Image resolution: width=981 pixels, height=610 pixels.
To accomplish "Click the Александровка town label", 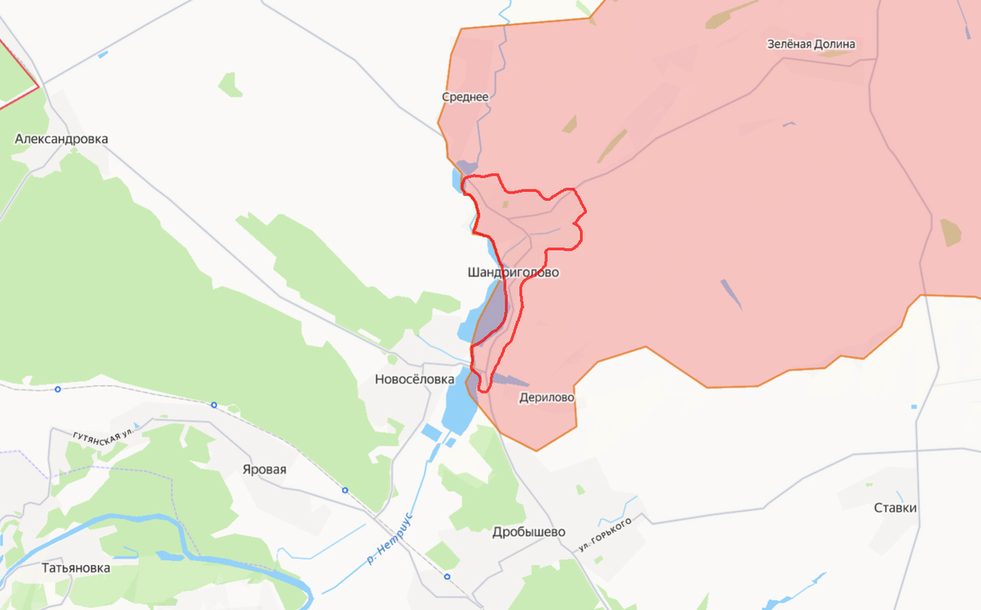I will pyautogui.click(x=61, y=140).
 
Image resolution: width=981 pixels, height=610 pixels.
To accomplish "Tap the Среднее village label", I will pyautogui.click(x=465, y=97).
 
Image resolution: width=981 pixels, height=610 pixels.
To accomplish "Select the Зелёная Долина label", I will pyautogui.click(x=811, y=44).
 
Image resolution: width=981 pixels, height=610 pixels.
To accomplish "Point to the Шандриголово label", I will pyautogui.click(x=513, y=273).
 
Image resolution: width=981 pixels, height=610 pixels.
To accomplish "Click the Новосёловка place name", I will pyautogui.click(x=414, y=379).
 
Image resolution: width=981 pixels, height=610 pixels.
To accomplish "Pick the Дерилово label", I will pyautogui.click(x=547, y=398).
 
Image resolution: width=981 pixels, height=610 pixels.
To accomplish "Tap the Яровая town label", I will pyautogui.click(x=264, y=470).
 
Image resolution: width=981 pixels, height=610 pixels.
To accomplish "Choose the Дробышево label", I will pyautogui.click(x=529, y=532).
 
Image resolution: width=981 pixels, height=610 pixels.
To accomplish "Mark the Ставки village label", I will pyautogui.click(x=895, y=508).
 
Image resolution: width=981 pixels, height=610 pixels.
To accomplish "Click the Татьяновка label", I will pyautogui.click(x=76, y=568).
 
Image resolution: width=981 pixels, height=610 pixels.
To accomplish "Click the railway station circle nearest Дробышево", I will pyautogui.click(x=447, y=577).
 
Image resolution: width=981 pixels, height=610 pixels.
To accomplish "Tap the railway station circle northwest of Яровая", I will pyautogui.click(x=213, y=404).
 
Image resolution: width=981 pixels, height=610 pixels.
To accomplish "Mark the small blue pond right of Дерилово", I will pyautogui.click(x=913, y=407).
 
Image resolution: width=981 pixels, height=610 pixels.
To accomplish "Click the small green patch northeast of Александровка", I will pyautogui.click(x=230, y=85).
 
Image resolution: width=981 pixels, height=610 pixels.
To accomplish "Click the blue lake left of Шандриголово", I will pyautogui.click(x=475, y=318).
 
